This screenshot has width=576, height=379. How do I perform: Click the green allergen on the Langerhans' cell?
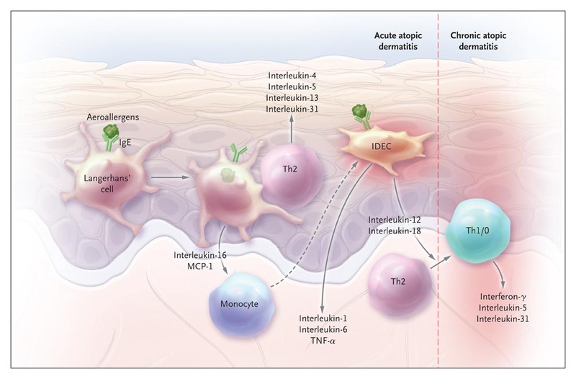[x=110, y=132]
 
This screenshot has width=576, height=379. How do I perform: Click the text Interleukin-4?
[x=291, y=74]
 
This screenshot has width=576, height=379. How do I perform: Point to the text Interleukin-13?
[x=291, y=97]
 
